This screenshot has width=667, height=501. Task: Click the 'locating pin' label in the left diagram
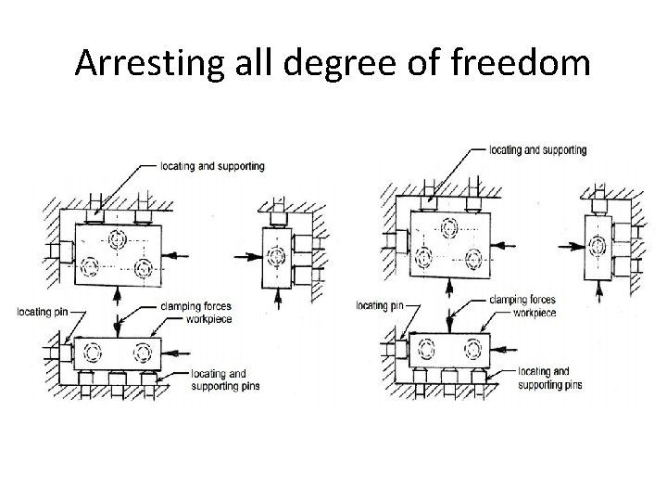point(41,311)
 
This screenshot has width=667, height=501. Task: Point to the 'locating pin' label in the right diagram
point(380,305)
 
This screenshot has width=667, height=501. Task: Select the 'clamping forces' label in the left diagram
point(195,306)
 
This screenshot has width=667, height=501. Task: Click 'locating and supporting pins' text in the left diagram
point(219,379)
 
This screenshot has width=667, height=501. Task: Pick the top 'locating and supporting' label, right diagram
point(537,149)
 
